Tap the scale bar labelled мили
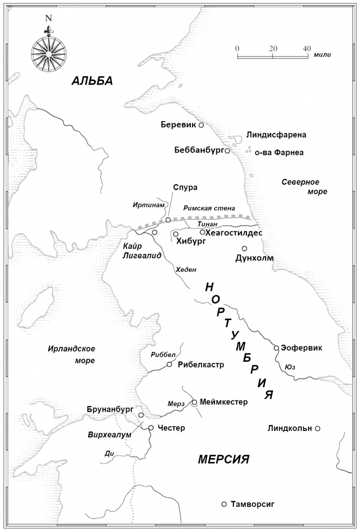272,56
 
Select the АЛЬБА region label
92,81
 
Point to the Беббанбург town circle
227,150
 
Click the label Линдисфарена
276,135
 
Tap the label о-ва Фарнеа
279,153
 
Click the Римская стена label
209,208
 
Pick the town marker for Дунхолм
244,249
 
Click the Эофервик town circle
276,348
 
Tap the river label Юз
289,367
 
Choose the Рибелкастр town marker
170,364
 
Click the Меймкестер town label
223,402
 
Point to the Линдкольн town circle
318,428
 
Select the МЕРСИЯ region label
223,459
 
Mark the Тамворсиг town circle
224,504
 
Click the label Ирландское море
72,354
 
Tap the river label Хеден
186,270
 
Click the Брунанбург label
110,409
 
